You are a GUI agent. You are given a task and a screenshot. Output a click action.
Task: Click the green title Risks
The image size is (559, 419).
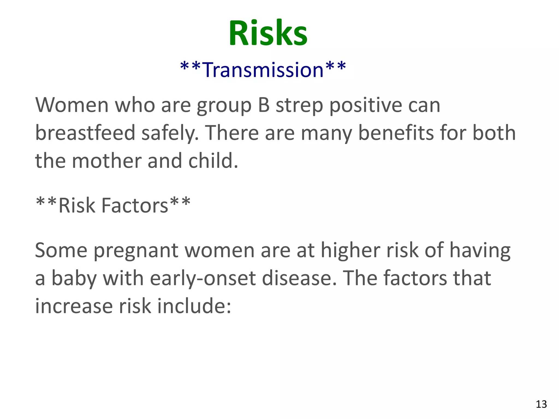pos(268,33)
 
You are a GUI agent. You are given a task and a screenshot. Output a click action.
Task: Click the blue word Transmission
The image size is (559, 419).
pos(263,70)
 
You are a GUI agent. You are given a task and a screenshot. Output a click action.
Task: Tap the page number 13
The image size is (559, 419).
pos(541,404)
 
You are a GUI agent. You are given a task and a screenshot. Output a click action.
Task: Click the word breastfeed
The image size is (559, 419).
pos(85,133)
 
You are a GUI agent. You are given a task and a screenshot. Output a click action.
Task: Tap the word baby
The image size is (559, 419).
pos(74,279)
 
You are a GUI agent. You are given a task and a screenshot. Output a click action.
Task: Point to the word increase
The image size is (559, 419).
pos(74,306)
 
